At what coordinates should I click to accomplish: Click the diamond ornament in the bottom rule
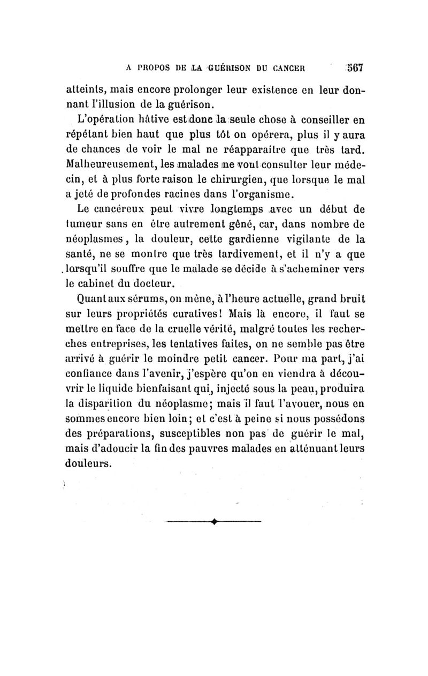(215, 521)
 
